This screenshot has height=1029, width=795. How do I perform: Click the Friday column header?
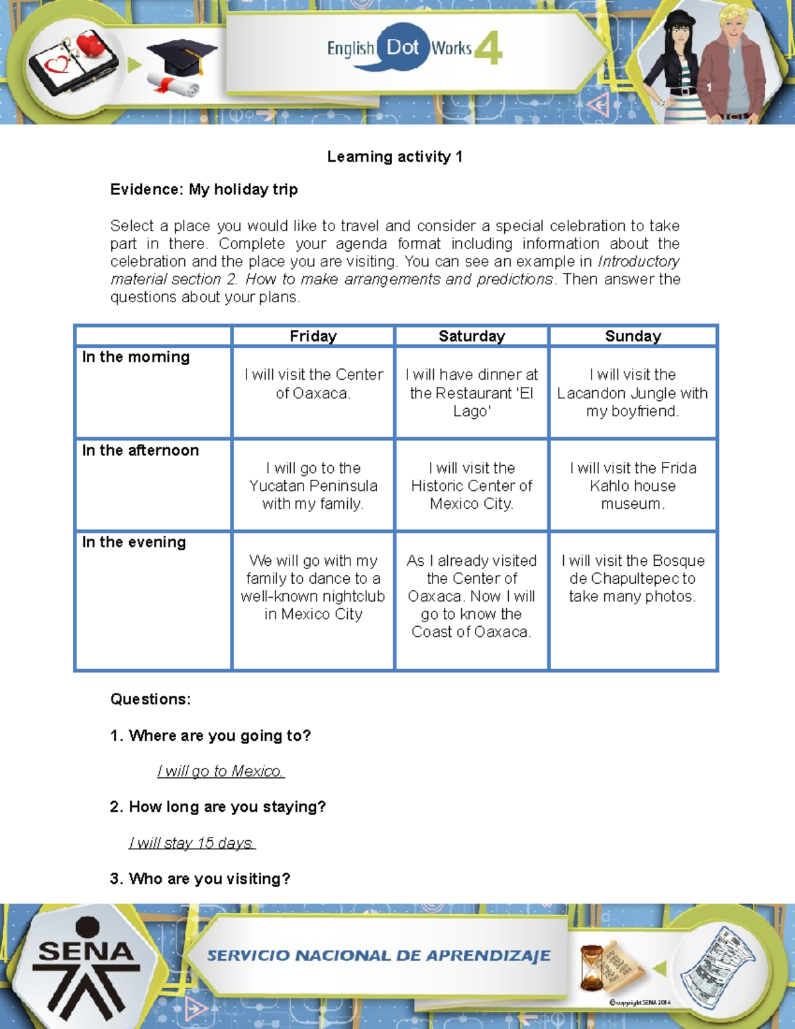pos(313,336)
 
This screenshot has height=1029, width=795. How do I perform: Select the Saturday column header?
pos(472,336)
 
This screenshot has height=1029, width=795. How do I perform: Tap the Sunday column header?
pos(633,336)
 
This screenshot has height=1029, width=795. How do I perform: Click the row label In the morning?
pos(136,357)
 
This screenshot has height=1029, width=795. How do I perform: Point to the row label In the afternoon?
pos(140,451)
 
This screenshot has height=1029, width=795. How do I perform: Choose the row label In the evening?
pos(134,542)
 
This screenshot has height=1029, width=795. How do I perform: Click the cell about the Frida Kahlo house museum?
pos(633,486)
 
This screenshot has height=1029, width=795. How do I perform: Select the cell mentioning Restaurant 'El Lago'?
pos(472,393)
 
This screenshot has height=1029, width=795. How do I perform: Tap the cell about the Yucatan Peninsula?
pos(313,486)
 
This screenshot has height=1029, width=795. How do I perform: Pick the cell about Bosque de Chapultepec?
pos(633,578)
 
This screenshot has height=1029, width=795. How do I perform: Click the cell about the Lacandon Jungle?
pos(633,393)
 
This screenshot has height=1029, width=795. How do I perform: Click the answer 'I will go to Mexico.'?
pos(221,771)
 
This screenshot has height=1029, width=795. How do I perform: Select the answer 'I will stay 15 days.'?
pos(192,843)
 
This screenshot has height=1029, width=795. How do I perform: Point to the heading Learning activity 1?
pos(395,157)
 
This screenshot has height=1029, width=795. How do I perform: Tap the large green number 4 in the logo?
pos(489,50)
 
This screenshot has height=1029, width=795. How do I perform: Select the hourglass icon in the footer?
pos(592,967)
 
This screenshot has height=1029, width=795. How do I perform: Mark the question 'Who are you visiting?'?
pos(200,879)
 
